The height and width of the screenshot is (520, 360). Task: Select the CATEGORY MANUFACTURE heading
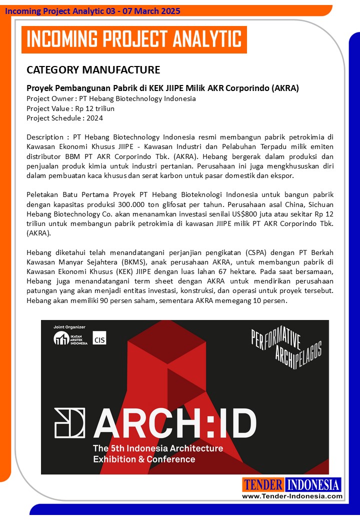tap(93, 69)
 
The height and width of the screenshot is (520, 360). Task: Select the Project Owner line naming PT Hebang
tap(111, 98)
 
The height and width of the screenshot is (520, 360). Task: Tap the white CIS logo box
tap(99, 338)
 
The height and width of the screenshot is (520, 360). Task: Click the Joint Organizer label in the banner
tap(69, 327)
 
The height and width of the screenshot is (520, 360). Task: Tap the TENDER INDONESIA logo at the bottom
tap(291, 484)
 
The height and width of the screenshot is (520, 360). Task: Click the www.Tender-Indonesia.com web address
tap(292, 496)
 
